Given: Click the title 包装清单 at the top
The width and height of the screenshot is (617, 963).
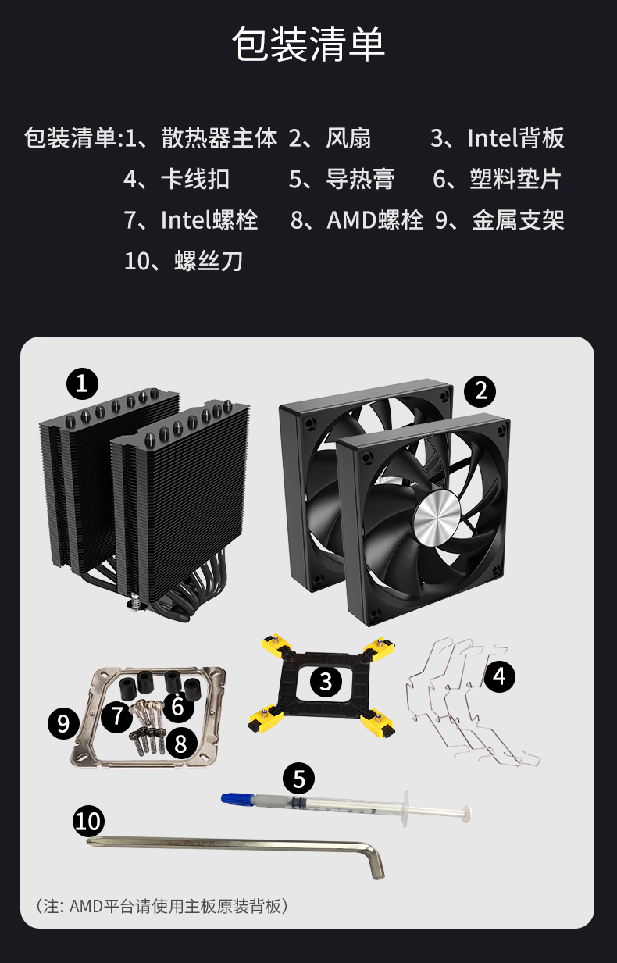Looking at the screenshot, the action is click(x=308, y=44).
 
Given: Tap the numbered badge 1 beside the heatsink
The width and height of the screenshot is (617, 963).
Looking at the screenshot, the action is click(x=82, y=383).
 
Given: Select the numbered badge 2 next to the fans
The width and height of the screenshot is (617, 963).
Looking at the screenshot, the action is click(x=480, y=391).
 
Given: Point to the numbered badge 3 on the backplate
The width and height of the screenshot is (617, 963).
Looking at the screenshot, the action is click(x=326, y=681).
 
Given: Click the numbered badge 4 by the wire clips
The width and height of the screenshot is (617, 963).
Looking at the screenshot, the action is click(x=499, y=676).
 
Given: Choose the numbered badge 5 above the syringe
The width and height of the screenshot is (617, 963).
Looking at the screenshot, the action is click(x=298, y=779).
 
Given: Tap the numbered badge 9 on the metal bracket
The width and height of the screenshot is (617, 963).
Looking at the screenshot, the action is click(x=63, y=723).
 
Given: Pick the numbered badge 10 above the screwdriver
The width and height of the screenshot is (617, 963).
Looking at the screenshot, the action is click(x=88, y=821).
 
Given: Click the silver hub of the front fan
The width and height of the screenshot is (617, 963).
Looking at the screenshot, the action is click(x=437, y=514).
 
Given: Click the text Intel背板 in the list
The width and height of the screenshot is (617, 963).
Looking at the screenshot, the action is click(x=515, y=138).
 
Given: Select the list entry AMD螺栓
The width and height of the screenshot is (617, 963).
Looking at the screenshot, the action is click(x=375, y=220).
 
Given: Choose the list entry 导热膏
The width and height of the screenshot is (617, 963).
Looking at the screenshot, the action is click(x=360, y=179).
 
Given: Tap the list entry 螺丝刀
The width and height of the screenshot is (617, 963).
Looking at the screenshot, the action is click(x=209, y=261).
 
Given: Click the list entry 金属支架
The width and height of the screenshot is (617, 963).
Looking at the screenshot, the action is click(x=518, y=220).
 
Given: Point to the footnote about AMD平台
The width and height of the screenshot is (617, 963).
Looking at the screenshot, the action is click(x=162, y=906).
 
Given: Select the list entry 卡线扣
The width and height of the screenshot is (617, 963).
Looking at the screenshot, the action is click(x=194, y=179).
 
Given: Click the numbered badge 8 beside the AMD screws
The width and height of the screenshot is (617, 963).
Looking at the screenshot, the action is click(x=181, y=744).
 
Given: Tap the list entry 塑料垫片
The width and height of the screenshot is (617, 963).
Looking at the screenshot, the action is click(x=515, y=179).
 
